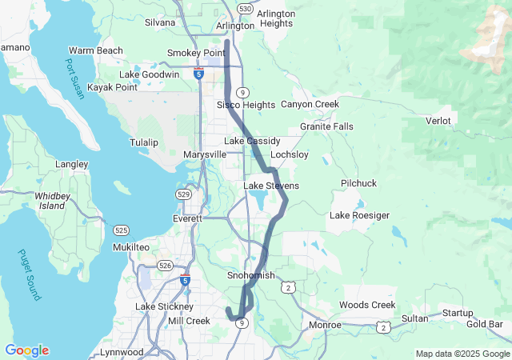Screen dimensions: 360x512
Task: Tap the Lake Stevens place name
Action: coord(271,186)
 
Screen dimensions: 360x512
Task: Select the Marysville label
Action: coord(205,154)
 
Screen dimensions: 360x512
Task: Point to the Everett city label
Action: coord(188,218)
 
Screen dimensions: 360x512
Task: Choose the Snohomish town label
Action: coord(251,276)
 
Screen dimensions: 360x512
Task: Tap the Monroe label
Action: coord(326,326)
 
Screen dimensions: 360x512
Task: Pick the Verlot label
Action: coord(438,121)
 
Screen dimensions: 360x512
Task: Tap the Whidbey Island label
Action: coord(52,200)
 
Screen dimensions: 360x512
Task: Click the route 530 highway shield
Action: coord(245,8)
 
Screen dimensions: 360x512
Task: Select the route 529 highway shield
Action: coord(183,194)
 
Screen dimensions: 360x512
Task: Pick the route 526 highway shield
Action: coord(166,265)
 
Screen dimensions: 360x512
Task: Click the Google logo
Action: coord(26,350)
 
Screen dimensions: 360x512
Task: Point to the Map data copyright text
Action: coord(462,354)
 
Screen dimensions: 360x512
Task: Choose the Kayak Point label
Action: coord(112,87)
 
